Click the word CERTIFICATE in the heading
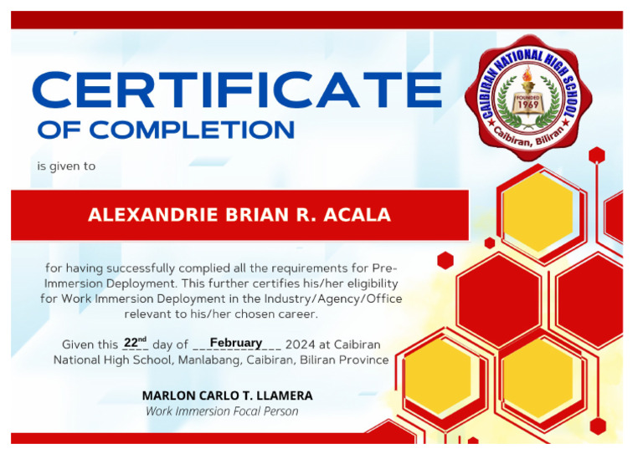click(237, 91)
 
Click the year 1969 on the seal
click(527, 106)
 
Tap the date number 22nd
click(135, 343)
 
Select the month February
click(235, 343)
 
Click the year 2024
click(300, 344)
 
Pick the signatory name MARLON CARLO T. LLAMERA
click(227, 395)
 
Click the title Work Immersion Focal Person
click(222, 411)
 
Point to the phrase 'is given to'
click(66, 166)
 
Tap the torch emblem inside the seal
click(527, 82)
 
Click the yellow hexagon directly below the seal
click(538, 209)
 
